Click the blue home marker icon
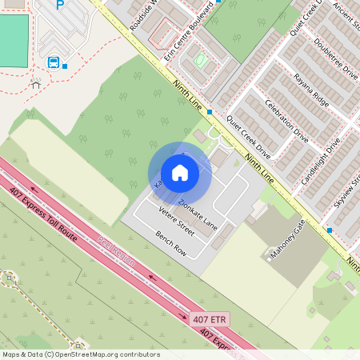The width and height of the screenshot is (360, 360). click(x=180, y=173)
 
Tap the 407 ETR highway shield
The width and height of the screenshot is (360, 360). click(x=210, y=319)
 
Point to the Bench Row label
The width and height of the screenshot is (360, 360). click(x=170, y=242)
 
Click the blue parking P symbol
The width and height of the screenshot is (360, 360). click(x=59, y=5)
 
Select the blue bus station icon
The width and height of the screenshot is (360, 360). click(x=54, y=62)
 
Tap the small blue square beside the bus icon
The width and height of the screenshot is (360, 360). click(x=66, y=66)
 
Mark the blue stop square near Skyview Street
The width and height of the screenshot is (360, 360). click(x=330, y=230)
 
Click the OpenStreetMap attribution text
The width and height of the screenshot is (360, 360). click(x=80, y=354)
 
